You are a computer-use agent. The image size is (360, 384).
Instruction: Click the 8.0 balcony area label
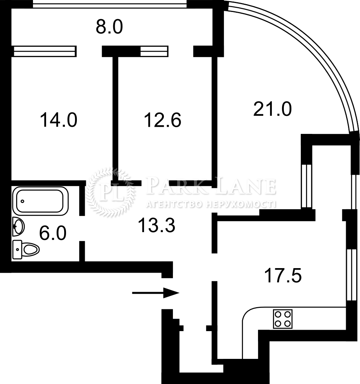pos(109,27)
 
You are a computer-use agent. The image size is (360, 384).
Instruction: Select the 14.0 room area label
pos(58,120)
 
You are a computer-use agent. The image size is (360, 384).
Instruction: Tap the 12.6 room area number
pos(163,120)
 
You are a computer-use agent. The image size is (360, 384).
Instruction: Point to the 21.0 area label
pos(272,109)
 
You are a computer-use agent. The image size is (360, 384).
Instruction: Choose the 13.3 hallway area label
pos(157,225)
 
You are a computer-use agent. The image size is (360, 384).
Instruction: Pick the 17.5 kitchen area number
pos(283,276)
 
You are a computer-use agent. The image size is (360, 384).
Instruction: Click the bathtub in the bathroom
pos(40,201)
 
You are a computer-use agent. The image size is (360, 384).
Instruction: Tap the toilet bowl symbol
pos(26,249)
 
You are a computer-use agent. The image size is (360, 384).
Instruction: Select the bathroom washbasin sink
pos(18,226)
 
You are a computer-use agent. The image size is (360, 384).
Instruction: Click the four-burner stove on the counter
pos(283,319)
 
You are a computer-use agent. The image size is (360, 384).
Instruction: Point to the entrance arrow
pos(156,293)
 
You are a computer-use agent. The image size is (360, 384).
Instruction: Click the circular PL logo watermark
pos(110,192)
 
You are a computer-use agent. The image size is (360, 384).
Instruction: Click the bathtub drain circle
pos(22,201)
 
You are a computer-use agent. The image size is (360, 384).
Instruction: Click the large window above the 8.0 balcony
pos(110,4)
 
